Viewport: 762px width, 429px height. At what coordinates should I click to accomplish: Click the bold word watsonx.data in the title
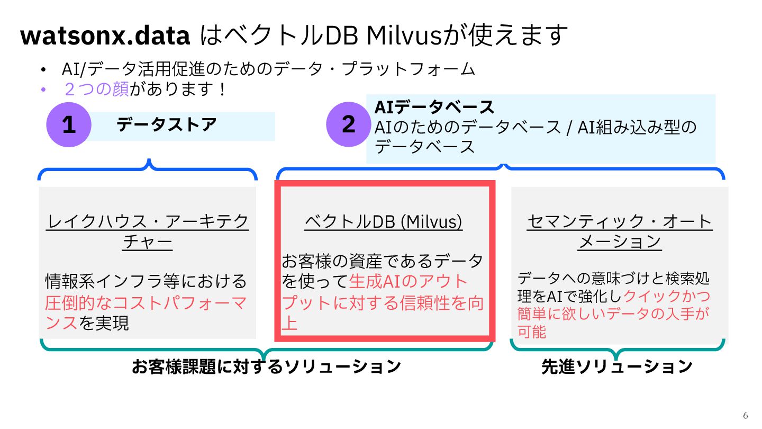(105, 36)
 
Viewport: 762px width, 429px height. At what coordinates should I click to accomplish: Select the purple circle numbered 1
(69, 125)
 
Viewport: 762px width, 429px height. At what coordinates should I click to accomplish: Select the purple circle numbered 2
(348, 125)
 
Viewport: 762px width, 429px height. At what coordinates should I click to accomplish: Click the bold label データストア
(166, 125)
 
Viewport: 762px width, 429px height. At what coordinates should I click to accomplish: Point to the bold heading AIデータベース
(434, 107)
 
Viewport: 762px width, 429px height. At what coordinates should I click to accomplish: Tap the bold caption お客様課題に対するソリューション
(266, 367)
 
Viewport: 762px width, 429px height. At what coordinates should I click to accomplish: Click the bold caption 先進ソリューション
(616, 367)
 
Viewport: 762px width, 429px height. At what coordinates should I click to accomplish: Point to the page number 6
(746, 415)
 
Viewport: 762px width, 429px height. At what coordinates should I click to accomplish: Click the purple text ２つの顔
(96, 89)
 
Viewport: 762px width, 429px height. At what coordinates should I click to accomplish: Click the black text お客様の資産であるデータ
(382, 261)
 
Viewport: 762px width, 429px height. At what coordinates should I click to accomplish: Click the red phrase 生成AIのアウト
(409, 281)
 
